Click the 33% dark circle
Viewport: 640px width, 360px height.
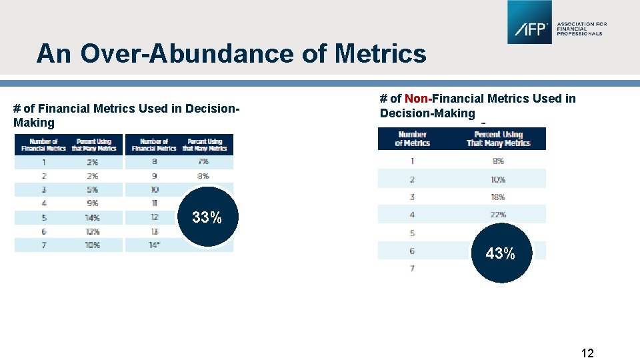tap(207, 217)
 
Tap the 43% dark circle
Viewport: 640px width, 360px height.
tap(500, 253)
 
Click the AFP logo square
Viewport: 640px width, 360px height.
tap(529, 23)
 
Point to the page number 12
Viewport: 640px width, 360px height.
tap(587, 353)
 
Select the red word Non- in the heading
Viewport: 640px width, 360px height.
tap(418, 99)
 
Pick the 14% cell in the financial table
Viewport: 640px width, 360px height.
tap(93, 217)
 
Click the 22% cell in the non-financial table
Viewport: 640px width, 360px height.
tap(498, 215)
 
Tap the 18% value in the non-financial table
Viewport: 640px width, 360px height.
tap(498, 197)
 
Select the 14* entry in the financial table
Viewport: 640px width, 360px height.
tap(154, 245)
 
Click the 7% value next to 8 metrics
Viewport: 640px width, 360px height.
tap(203, 161)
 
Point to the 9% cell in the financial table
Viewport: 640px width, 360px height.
tap(93, 203)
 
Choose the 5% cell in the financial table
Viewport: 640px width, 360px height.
tap(93, 189)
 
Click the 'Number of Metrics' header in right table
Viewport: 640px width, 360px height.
tap(412, 139)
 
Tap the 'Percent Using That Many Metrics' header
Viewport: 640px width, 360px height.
tap(498, 139)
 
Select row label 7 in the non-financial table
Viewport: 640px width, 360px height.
tap(412, 268)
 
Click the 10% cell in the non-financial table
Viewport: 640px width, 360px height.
tap(498, 179)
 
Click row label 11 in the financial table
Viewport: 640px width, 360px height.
tap(154, 203)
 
